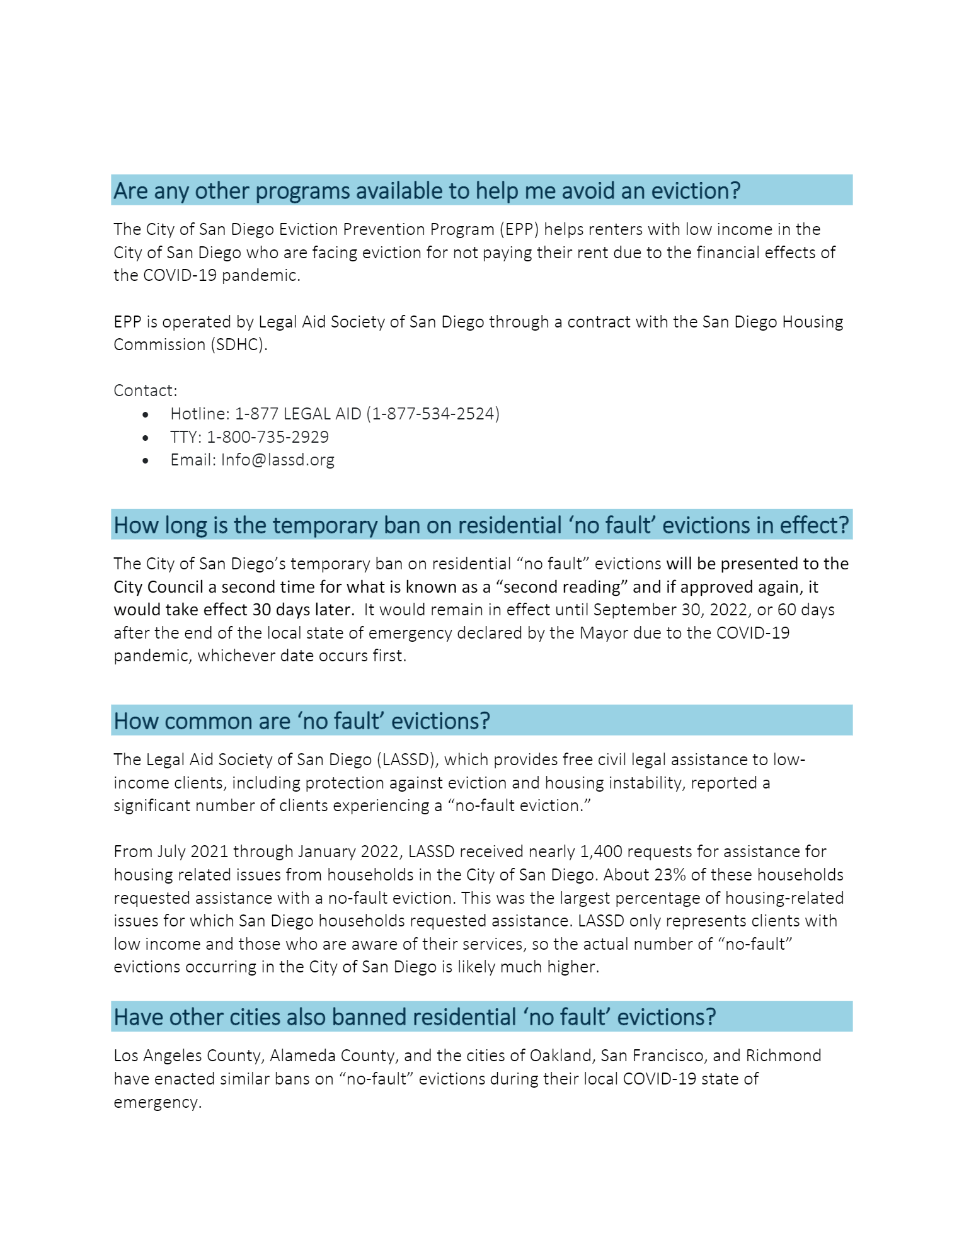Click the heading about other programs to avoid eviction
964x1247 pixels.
(427, 191)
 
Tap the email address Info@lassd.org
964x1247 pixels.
(277, 460)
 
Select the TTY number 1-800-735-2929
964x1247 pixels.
(268, 437)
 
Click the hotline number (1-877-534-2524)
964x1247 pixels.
(433, 414)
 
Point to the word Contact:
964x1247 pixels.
(146, 390)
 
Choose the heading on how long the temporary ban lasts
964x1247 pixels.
(481, 525)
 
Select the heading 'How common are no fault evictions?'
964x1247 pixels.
(302, 721)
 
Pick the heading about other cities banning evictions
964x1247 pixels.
(415, 1017)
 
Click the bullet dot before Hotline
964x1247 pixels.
(146, 414)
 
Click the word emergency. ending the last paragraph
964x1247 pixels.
(158, 1102)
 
